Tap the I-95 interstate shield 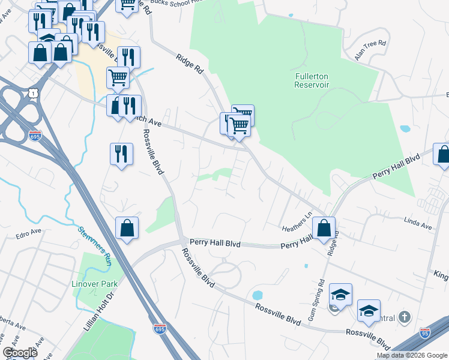(425, 332)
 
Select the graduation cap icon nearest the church (369, 311)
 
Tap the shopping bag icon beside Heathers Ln (324, 228)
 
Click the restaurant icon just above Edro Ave (121, 154)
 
